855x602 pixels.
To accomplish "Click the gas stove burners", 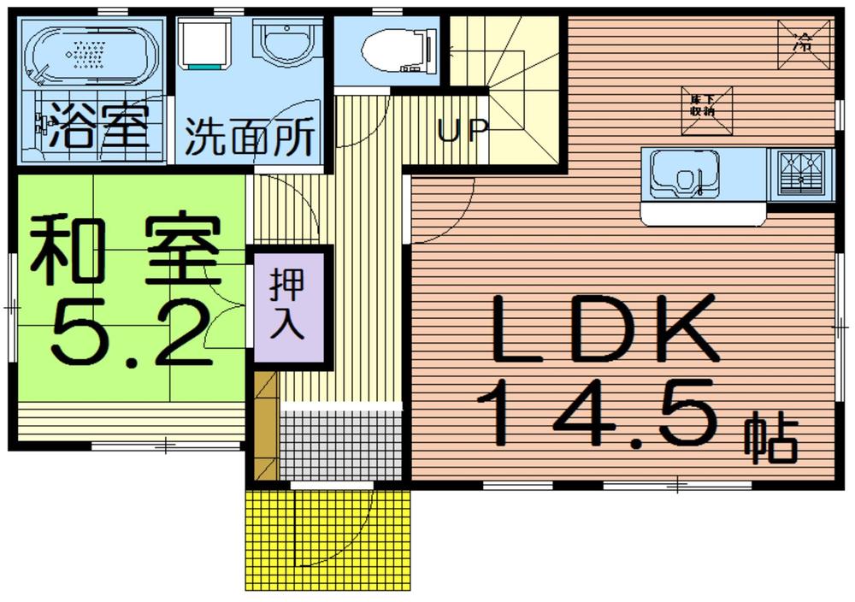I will tap(800, 174).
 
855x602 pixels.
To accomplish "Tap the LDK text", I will tap(604, 328).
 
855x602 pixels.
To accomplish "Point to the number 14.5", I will tap(598, 415).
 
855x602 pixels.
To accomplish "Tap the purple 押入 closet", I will tap(287, 307).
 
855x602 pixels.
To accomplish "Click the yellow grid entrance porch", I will tap(329, 539).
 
